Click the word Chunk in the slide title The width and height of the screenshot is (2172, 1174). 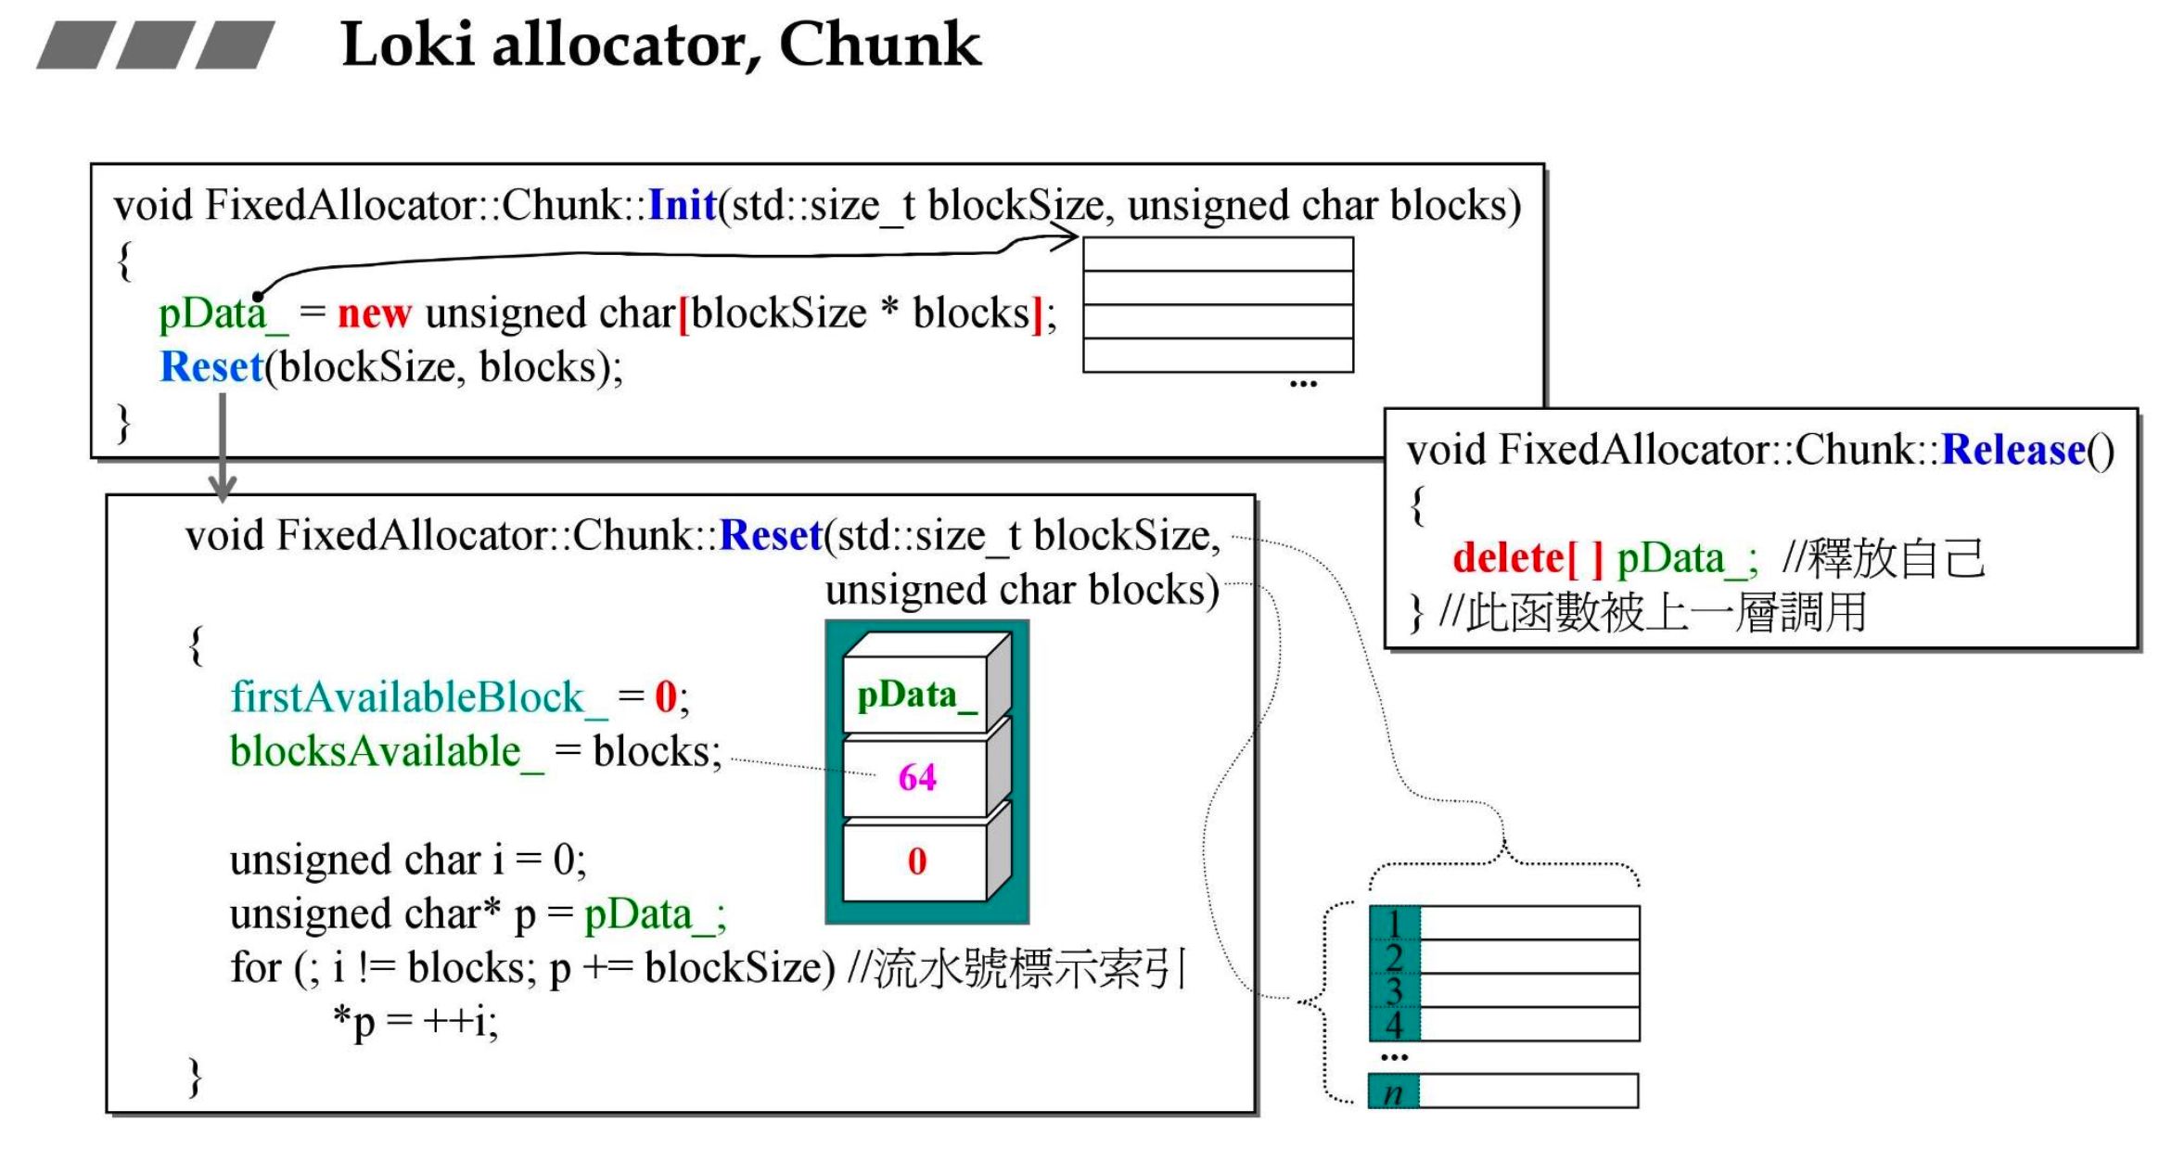pyautogui.click(x=879, y=45)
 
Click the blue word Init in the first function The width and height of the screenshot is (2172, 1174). pyautogui.click(x=682, y=205)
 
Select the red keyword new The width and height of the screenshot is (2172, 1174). pyautogui.click(x=374, y=313)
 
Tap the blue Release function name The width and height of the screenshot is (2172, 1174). pyautogui.click(x=2012, y=450)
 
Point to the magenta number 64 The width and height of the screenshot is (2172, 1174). pyautogui.click(x=916, y=777)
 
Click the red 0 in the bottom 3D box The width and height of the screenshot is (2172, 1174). pyautogui.click(x=916, y=861)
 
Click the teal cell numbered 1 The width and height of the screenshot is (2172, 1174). pyautogui.click(x=1394, y=923)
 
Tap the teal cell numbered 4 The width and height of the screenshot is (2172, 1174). pyautogui.click(x=1394, y=1025)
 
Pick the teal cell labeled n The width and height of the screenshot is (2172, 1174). pyautogui.click(x=1393, y=1091)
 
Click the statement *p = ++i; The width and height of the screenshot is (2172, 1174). pyautogui.click(x=415, y=1022)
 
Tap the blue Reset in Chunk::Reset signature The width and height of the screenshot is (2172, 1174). pyautogui.click(x=771, y=535)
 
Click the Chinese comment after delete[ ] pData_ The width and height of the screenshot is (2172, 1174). pyautogui.click(x=1883, y=558)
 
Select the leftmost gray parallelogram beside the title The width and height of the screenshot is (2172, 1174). pyautogui.click(x=70, y=45)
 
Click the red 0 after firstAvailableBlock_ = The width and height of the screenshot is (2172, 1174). pyautogui.click(x=665, y=697)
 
